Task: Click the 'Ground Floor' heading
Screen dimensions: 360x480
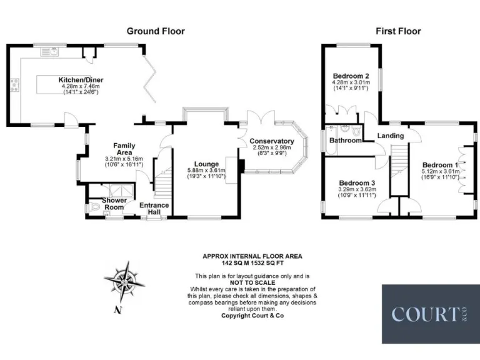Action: [x=156, y=31]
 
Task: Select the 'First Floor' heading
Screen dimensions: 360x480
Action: [x=398, y=31]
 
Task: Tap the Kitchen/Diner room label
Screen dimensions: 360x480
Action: [x=81, y=80]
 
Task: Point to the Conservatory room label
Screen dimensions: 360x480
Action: [x=271, y=141]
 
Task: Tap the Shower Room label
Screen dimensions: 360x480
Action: [x=115, y=204]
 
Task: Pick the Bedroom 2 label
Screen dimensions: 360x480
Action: [x=351, y=76]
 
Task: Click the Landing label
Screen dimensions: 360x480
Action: [x=391, y=136]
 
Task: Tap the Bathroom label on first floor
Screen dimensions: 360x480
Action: [x=346, y=141]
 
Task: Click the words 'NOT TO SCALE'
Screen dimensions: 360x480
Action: [x=252, y=282]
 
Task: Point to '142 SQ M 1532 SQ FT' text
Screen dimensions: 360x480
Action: [x=252, y=262]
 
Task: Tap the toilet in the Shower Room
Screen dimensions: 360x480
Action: [x=94, y=207]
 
